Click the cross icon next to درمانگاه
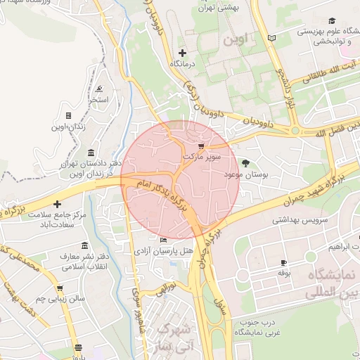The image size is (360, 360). point(183,53)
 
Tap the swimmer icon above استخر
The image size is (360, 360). point(99,89)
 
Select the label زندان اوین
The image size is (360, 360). point(68,127)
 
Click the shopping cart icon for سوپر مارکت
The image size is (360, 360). point(202,146)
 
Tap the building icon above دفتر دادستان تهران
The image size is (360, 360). point(91,153)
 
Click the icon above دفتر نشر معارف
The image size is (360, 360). point(85,246)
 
